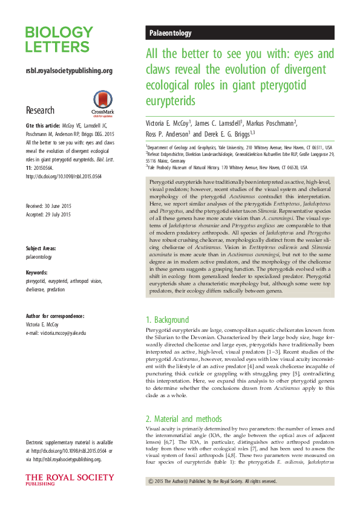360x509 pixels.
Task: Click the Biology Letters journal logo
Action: click(59, 40)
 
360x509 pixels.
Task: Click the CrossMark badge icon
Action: click(101, 103)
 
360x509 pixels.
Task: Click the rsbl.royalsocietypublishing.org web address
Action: click(69, 71)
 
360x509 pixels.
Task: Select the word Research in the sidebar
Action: click(40, 111)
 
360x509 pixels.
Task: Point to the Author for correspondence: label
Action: click(55, 316)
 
